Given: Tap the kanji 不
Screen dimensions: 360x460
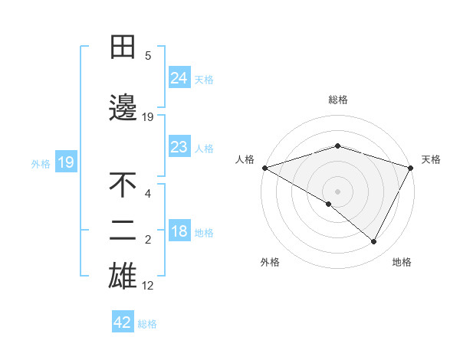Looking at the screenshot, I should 123,186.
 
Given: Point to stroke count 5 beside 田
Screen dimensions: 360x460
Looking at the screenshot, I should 148,56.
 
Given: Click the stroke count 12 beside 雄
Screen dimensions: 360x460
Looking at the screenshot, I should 148,286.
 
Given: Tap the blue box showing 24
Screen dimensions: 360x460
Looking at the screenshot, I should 179,77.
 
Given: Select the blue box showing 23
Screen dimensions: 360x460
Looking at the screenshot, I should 179,147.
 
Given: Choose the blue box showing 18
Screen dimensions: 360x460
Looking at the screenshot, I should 179,232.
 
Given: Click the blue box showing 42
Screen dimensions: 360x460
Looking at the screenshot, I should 123,322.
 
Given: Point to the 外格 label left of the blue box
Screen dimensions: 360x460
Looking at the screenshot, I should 41,163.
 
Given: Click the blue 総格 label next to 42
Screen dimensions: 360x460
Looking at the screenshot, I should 147,324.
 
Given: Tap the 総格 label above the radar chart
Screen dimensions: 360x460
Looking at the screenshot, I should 337,100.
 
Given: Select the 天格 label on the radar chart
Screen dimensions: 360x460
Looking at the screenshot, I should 431,159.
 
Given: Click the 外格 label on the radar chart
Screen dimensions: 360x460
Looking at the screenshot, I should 270,262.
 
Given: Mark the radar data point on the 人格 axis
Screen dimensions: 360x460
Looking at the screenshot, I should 264,168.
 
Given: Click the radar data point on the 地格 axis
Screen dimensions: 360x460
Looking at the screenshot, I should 374,241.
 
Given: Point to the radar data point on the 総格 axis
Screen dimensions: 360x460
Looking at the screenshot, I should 337,146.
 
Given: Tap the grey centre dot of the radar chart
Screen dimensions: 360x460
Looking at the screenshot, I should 337,191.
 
